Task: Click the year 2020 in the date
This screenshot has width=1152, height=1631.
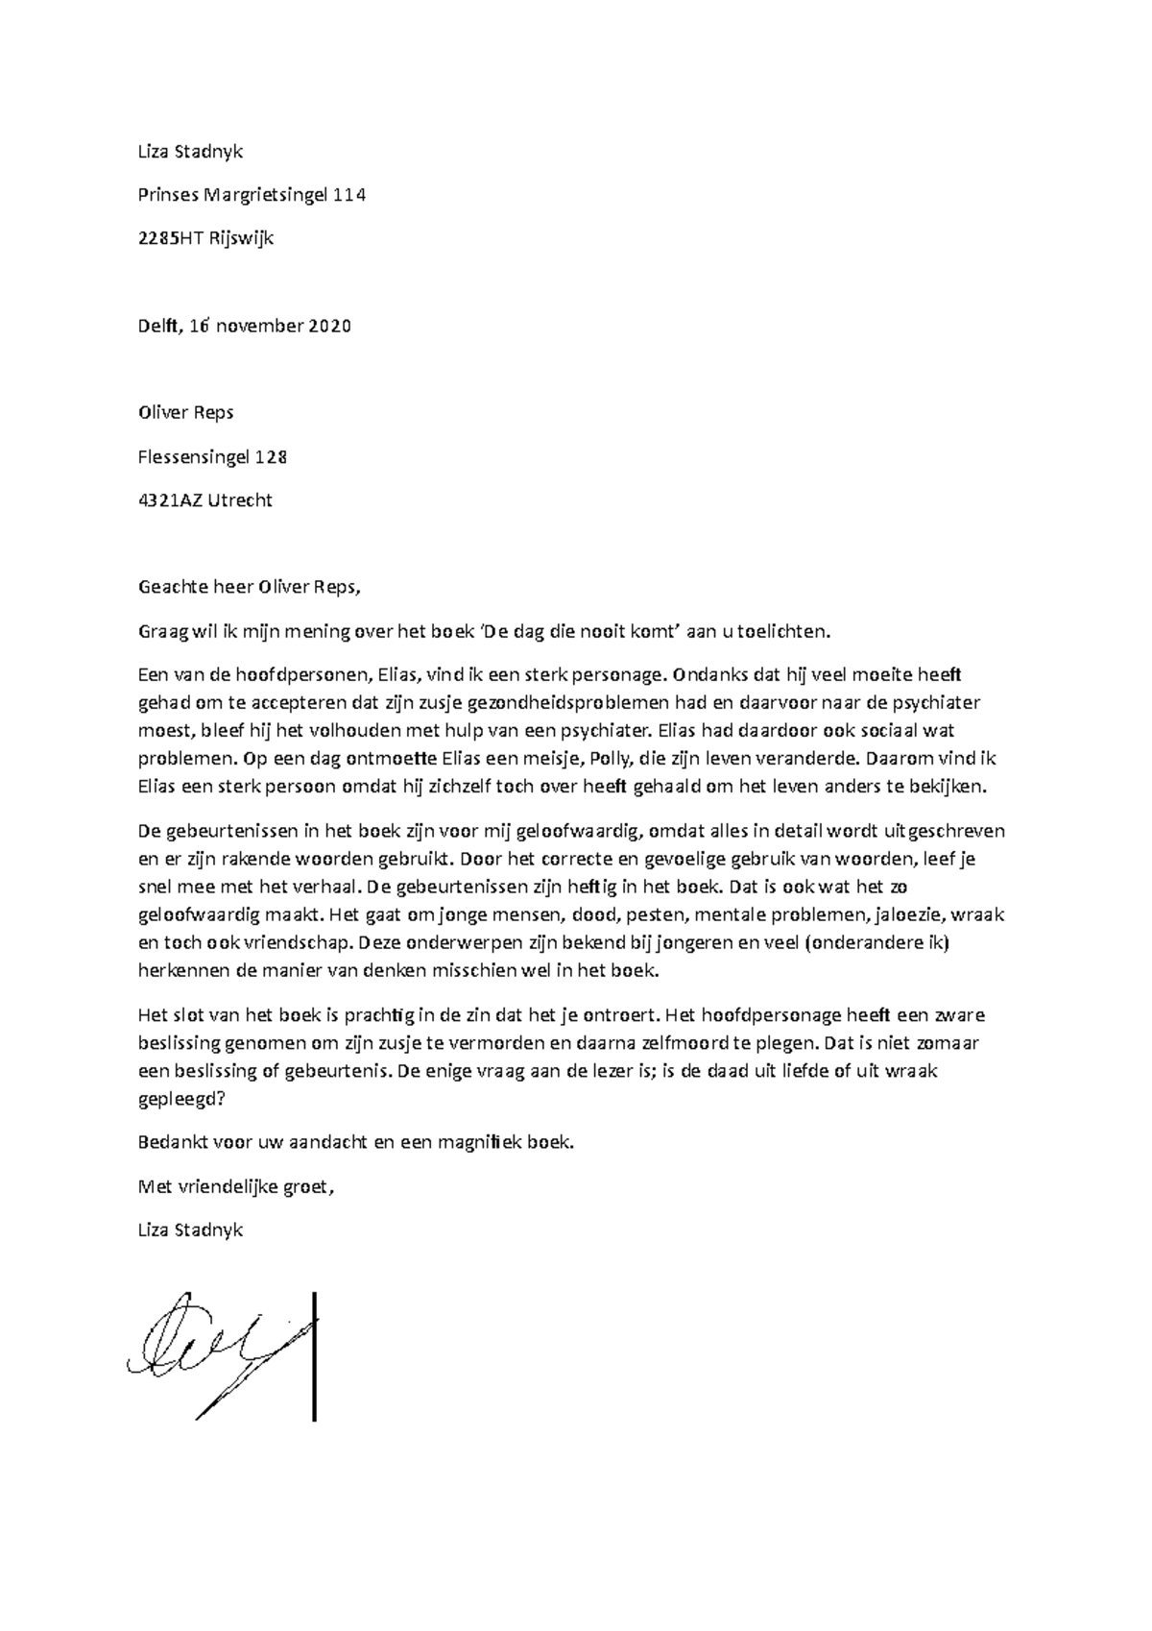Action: [x=329, y=326]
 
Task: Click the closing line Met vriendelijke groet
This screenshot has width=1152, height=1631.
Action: [x=238, y=1186]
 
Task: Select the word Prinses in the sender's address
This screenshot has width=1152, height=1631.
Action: [x=167, y=195]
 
